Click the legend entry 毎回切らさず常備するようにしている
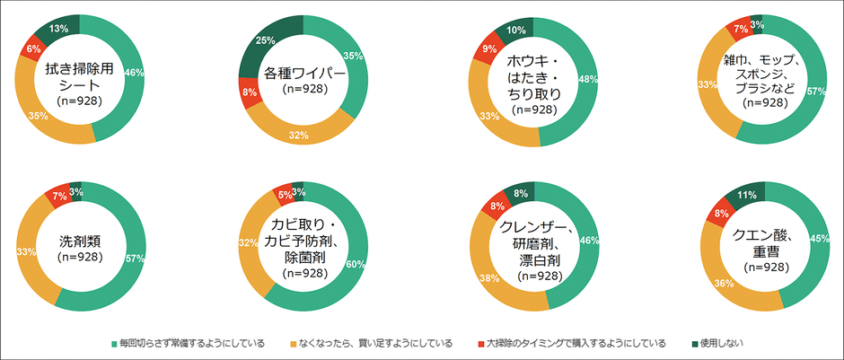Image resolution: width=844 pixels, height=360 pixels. [188, 342]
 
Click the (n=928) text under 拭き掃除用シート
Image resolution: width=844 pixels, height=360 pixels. [79, 101]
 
